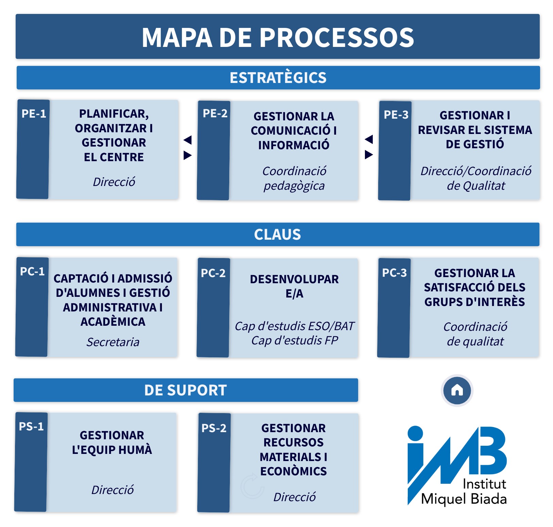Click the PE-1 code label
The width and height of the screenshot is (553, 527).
[34, 114]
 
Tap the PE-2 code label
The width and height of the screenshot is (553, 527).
[215, 114]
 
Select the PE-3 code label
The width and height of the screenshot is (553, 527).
[396, 115]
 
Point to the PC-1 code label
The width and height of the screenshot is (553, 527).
[32, 272]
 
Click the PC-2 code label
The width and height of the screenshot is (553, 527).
[213, 273]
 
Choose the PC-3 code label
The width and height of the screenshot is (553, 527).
[395, 273]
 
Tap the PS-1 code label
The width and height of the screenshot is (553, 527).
[31, 426]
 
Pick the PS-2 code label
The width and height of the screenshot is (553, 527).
[214, 428]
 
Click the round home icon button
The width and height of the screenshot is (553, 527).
[457, 390]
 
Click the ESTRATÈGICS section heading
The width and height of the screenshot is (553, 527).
[278, 78]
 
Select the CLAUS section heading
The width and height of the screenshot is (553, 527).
[278, 235]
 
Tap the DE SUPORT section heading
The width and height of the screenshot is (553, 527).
[185, 390]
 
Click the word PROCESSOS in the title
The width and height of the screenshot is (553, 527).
[337, 37]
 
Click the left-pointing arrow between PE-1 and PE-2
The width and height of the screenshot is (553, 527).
[188, 140]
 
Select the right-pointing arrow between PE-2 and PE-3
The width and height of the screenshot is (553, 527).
[369, 155]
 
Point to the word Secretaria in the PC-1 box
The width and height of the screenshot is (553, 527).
[113, 342]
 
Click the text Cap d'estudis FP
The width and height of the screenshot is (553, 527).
[295, 340]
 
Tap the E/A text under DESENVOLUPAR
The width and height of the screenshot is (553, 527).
[295, 293]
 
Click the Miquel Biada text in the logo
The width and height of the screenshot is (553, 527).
[464, 499]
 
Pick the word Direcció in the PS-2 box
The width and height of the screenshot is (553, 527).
[295, 497]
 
